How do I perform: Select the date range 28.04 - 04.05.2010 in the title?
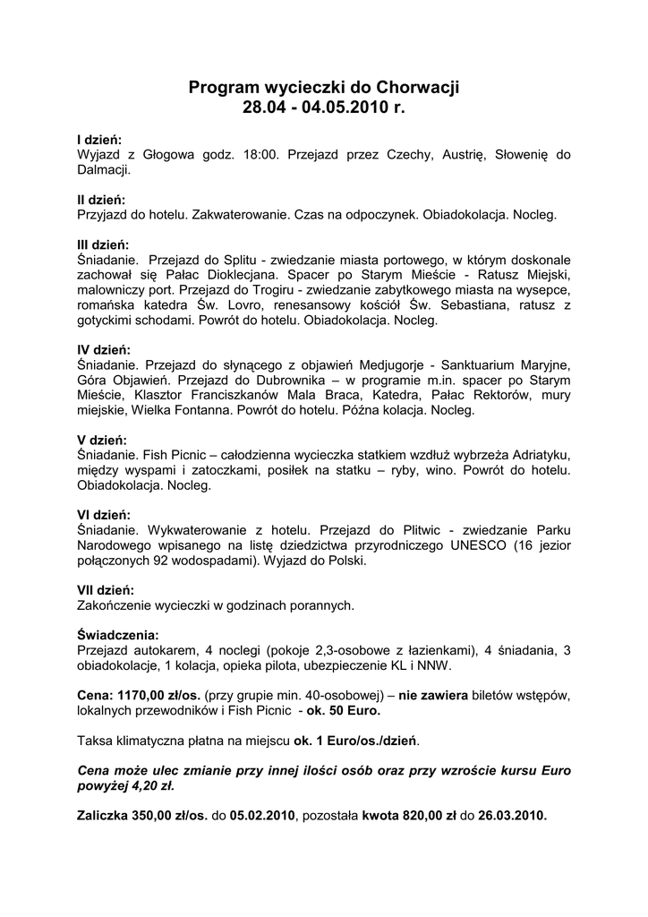(312, 108)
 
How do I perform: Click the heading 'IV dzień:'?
(105, 349)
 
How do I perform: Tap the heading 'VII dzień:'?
(107, 590)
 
